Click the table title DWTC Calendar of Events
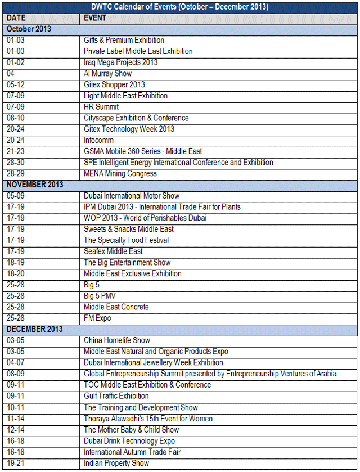click(180, 7)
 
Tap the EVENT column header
click(95, 18)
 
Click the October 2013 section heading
click(29, 29)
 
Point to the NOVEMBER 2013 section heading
click(35, 185)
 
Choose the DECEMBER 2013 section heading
click(35, 329)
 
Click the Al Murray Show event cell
click(107, 74)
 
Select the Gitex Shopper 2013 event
click(114, 85)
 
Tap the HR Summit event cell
click(101, 107)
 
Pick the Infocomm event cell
click(98, 140)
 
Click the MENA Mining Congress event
click(120, 173)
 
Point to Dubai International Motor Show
click(132, 196)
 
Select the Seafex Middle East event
click(113, 251)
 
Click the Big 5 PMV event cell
click(100, 296)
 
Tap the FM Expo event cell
click(97, 318)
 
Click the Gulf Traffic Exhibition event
click(116, 396)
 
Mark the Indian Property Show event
click(116, 463)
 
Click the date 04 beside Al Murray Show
click(11, 74)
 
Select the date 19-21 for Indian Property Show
click(15, 463)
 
